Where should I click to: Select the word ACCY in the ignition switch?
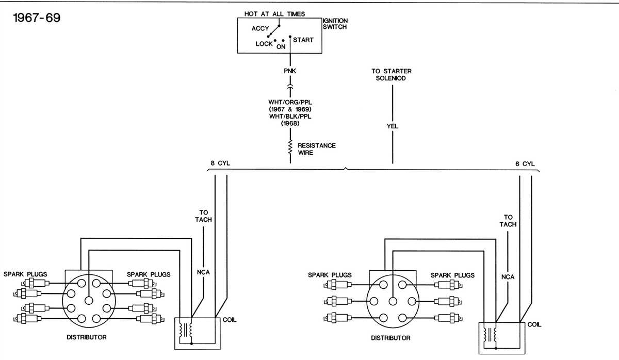[260, 28]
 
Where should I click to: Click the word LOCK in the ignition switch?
[264, 44]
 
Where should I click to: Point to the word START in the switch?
[303, 40]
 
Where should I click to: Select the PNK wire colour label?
[290, 71]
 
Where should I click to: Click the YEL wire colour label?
[392, 126]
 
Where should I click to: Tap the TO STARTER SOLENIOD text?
[392, 74]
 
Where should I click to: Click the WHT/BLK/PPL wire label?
[290, 117]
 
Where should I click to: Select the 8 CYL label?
[220, 163]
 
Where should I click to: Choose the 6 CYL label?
[525, 163]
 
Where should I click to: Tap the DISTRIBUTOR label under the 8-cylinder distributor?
[87, 337]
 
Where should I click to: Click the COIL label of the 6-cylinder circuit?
[534, 325]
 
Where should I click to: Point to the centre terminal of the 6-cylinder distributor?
[392, 301]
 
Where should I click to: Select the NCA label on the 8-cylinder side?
[204, 272]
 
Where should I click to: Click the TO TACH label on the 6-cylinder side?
[508, 221]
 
